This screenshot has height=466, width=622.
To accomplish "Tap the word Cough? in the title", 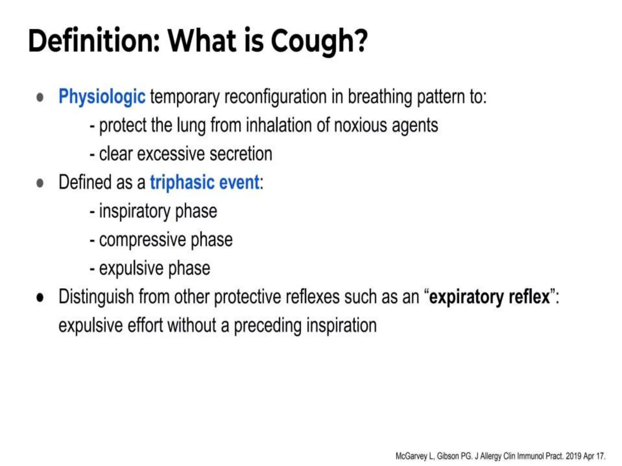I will click(319, 42).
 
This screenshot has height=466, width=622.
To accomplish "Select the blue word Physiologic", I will click(102, 97).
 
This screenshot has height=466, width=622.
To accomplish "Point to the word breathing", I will click(380, 97).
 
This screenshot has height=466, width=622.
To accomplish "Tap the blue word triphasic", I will click(182, 182).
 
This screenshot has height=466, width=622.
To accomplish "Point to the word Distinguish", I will click(96, 297).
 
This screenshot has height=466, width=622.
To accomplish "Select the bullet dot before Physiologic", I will click(40, 97).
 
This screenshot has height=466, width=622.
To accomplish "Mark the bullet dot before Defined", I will click(40, 183).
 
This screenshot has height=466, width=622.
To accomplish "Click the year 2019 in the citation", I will click(573, 456).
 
